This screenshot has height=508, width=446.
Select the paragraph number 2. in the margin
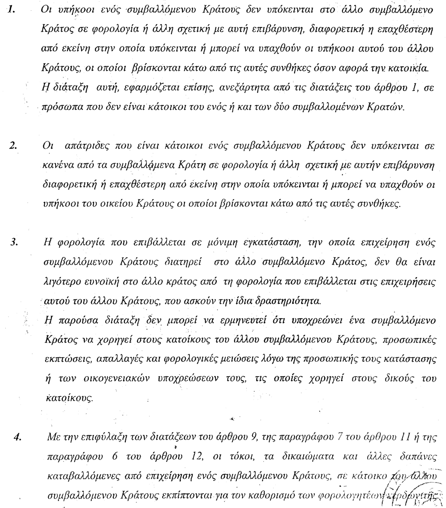[13, 146]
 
